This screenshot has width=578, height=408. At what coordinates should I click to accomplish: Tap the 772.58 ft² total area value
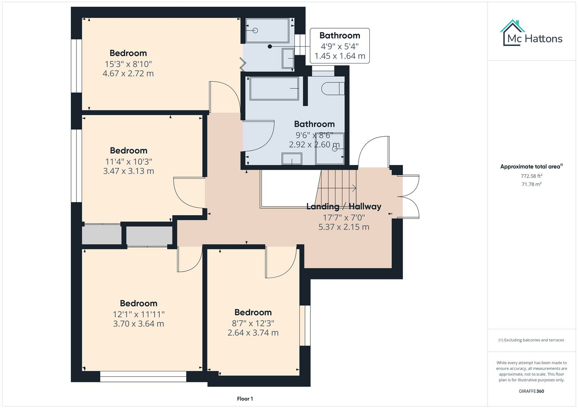[x=531, y=176]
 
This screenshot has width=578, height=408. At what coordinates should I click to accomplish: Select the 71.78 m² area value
[x=531, y=184]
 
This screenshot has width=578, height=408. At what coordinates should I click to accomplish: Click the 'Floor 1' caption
[x=245, y=399]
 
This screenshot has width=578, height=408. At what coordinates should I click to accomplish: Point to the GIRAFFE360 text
[x=531, y=391]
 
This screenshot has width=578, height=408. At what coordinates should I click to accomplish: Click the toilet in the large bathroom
[x=332, y=89]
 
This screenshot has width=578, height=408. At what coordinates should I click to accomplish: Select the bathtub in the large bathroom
[x=274, y=88]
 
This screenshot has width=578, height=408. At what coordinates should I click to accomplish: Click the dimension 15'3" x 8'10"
[x=128, y=64]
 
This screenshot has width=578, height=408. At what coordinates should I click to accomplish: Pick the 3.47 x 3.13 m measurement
[x=128, y=171]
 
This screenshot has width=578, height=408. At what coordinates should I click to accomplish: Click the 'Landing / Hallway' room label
[x=344, y=206]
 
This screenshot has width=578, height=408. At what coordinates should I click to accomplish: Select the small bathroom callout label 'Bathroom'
[x=340, y=36]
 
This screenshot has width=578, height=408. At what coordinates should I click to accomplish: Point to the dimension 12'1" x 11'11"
[x=139, y=314]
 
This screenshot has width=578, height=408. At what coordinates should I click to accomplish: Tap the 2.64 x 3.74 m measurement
[x=253, y=332]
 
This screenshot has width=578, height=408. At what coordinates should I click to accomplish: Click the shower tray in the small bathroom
[x=267, y=31]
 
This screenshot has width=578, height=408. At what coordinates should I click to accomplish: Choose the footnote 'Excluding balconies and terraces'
[x=531, y=340]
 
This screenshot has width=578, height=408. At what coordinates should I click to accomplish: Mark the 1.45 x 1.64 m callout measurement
[x=340, y=56]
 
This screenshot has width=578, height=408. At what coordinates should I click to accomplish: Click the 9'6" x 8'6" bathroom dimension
[x=314, y=135]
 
